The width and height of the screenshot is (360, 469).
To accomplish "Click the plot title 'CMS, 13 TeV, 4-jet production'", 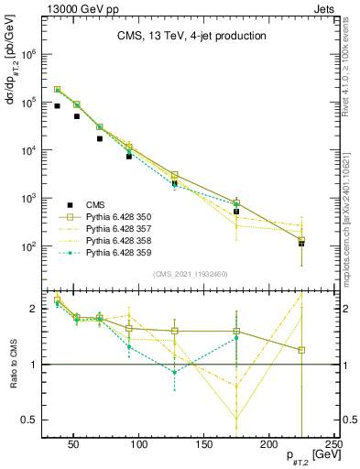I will [191, 37].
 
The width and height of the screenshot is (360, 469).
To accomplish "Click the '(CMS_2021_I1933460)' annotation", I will [190, 275].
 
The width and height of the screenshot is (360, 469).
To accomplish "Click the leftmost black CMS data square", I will [58, 106].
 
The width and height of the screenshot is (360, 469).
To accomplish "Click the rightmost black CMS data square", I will [301, 244].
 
